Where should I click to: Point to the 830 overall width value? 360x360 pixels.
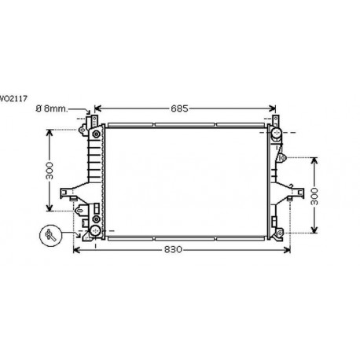coord(174,250)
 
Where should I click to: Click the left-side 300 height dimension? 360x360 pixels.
coord(49,170)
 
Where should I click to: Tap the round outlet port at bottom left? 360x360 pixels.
coord(95,231)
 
